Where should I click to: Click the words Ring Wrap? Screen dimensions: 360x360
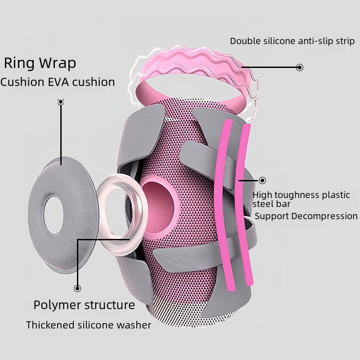40,63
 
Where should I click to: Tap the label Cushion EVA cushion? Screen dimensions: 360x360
58,82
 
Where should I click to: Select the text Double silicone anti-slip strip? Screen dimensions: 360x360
292,41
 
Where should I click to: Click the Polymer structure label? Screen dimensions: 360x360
84,305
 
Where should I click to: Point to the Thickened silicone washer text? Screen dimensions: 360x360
89,325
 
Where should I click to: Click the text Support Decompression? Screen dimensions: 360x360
306,216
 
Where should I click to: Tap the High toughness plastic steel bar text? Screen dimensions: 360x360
301,199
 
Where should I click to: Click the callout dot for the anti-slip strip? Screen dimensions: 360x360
300,67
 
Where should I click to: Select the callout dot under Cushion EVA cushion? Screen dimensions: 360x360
61,102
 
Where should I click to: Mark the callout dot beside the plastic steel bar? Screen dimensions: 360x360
262,180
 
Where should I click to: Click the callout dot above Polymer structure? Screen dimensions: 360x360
77,288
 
